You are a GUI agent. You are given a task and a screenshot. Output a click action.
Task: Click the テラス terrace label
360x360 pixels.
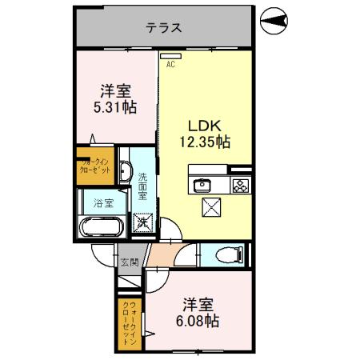pos(163,27)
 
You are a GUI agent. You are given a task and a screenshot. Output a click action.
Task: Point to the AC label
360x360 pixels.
pos(170,66)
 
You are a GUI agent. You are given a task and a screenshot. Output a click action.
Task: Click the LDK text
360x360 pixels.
pos(203,126)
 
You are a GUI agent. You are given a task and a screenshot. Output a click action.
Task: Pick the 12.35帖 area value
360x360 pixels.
pos(203,142)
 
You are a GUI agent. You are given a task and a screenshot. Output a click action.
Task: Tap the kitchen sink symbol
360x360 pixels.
pos(202,184)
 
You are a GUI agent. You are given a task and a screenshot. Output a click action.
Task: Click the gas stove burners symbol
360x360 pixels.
pos(239,185)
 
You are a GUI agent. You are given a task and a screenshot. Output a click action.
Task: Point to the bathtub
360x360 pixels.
pos(100,226)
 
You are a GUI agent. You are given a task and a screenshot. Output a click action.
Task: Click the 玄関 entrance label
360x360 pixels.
pos(129,261)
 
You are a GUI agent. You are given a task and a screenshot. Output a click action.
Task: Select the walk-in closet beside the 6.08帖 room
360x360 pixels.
pos(130,322)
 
